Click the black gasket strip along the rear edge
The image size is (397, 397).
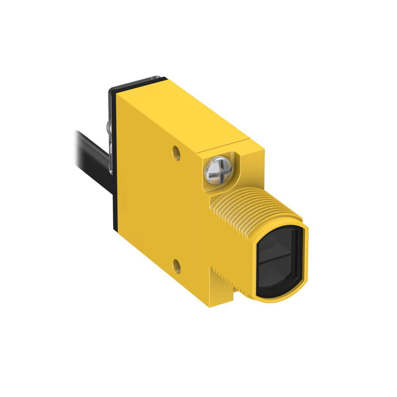pyautogui.click(x=114, y=164)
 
